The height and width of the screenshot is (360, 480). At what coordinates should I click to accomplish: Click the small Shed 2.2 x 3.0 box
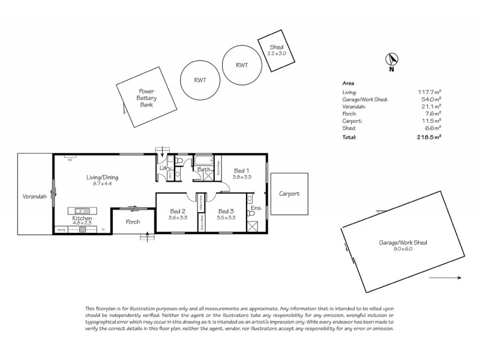click(x=276, y=50)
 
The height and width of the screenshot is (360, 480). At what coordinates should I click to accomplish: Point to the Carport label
click(x=290, y=194)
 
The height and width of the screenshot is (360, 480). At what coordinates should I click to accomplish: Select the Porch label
click(x=133, y=222)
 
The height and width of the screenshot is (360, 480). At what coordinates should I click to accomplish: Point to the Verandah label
click(x=34, y=196)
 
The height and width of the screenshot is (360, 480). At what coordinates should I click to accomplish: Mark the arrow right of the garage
click(x=446, y=277)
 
